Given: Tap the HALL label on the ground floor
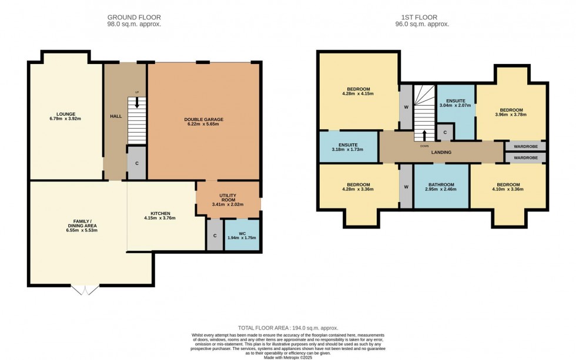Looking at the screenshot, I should (x=115, y=116).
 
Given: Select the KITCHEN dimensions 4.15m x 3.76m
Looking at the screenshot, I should (x=160, y=218).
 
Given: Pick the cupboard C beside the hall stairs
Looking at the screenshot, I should (x=136, y=163).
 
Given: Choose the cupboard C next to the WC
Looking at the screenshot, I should (x=215, y=235).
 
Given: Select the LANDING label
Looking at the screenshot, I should (x=441, y=152).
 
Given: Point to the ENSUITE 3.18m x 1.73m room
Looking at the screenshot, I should (x=348, y=146).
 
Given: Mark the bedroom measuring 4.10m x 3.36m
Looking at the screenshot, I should (x=508, y=187).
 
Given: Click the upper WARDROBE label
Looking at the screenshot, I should (x=525, y=146).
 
